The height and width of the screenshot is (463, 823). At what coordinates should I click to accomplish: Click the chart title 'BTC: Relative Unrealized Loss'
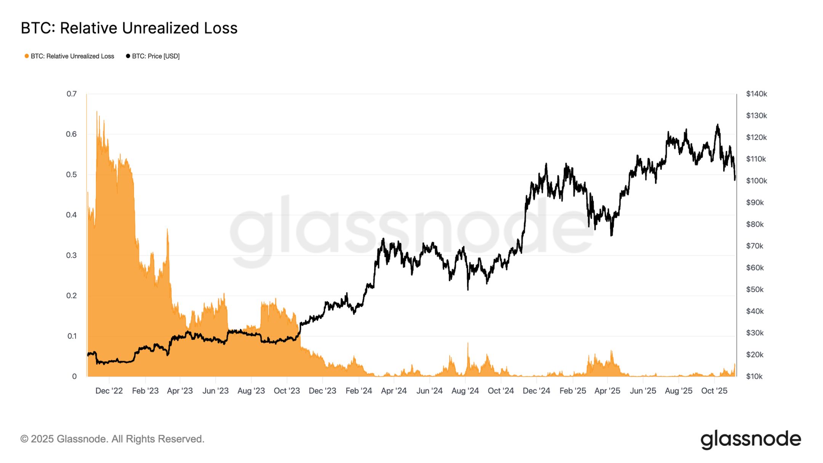[129, 28]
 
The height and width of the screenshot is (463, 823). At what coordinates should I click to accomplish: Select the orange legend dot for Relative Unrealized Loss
[27, 56]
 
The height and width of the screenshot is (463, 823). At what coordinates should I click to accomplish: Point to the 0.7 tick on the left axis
[72, 94]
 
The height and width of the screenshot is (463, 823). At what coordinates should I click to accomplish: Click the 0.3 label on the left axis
[71, 255]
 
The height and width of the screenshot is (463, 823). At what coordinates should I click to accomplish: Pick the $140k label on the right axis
[756, 94]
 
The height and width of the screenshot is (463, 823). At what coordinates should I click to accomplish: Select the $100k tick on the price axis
[756, 181]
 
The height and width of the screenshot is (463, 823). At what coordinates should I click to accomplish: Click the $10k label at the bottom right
[754, 376]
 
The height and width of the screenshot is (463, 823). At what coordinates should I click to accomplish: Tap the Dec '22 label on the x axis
[109, 391]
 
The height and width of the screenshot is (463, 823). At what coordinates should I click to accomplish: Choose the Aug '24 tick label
[465, 391]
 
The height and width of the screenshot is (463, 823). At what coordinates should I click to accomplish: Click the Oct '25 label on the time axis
[714, 391]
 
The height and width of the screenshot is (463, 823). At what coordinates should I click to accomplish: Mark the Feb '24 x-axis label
[359, 391]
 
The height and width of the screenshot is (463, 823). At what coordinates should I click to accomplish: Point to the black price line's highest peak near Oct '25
[717, 125]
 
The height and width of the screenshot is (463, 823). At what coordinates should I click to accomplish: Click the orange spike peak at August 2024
[468, 343]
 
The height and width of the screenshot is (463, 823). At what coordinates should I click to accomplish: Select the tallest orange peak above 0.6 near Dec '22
[97, 112]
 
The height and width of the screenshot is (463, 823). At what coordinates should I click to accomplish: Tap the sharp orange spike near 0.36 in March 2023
[167, 229]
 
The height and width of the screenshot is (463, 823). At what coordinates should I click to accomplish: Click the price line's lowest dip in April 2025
[611, 235]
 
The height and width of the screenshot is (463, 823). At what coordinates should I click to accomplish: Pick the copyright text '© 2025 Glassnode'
[112, 439]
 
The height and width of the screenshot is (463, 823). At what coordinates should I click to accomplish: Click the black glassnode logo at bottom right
[750, 439]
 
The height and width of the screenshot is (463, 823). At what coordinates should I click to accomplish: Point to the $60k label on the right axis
[755, 268]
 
